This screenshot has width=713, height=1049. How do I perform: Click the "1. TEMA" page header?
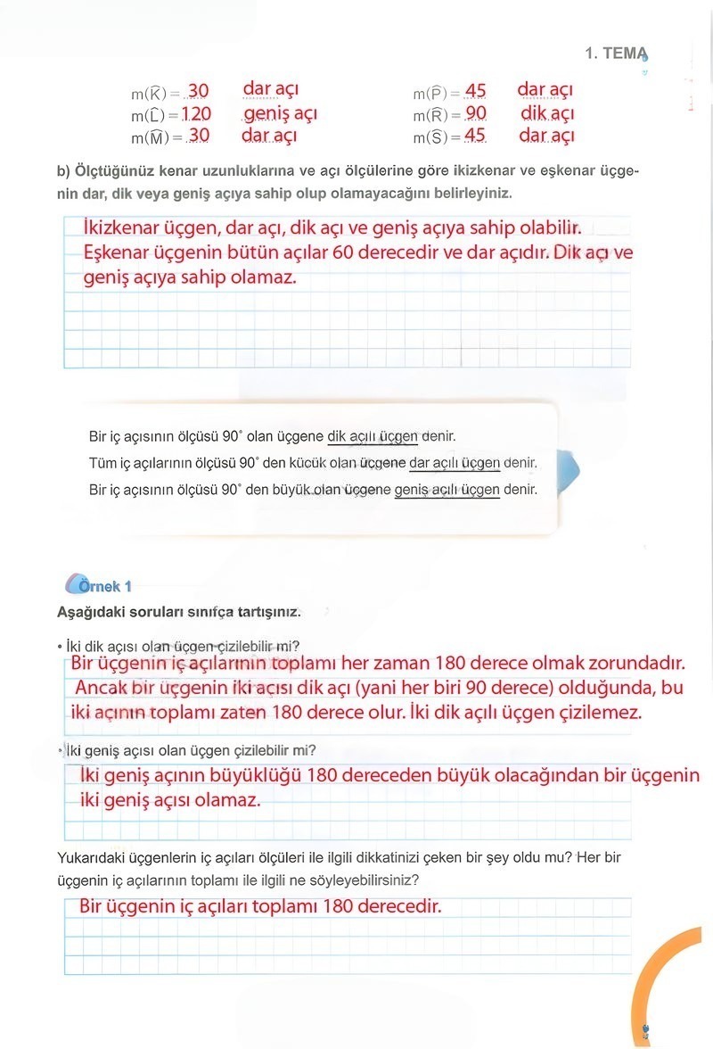point(615,54)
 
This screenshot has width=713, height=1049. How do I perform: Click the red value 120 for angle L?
point(196,114)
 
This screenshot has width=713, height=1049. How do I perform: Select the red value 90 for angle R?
point(476,114)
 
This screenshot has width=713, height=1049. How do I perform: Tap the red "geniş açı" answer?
point(280,113)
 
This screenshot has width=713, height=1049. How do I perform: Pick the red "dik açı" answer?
point(547,113)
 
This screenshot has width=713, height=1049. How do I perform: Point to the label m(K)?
point(155,93)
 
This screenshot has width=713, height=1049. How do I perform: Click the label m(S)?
point(437,137)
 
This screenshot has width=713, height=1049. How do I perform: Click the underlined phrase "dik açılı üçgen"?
point(373,437)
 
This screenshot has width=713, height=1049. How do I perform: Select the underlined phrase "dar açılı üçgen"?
point(455,463)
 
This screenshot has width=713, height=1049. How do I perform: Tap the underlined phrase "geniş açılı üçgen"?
point(447,490)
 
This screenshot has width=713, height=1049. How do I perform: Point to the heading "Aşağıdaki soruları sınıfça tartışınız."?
point(178,613)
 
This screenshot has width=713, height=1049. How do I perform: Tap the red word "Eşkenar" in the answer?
point(119,253)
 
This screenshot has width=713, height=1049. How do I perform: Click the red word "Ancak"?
point(101,689)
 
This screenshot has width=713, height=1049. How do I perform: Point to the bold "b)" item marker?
point(63,171)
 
